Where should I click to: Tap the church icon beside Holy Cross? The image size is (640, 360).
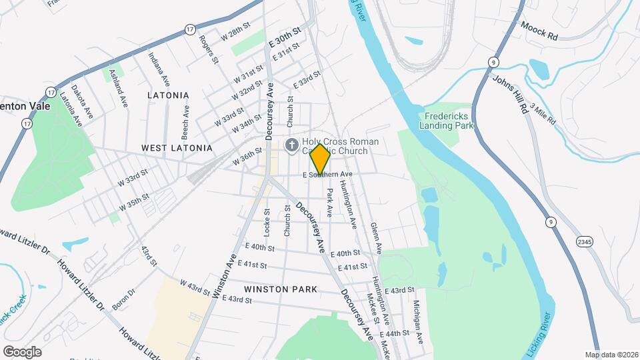click(x=291, y=145)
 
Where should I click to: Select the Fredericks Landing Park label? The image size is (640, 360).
click(x=447, y=120)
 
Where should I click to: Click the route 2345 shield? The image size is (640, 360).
click(x=584, y=241)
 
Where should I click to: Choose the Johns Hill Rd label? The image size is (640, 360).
click(x=511, y=94)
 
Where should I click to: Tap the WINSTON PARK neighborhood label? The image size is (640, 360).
click(x=280, y=289)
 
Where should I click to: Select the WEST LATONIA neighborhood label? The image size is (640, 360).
click(x=177, y=147)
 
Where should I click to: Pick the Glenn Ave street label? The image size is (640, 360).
click(x=375, y=238)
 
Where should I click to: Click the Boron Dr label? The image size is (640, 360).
click(x=123, y=299)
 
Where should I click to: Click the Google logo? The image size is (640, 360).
click(x=22, y=352)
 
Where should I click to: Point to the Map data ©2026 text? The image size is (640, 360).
click(x=611, y=355)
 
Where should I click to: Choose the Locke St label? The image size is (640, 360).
click(x=266, y=223)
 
